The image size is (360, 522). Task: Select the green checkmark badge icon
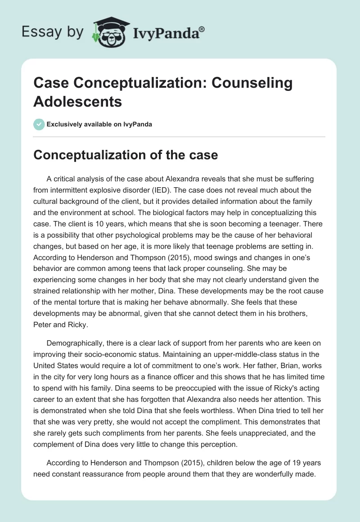[x=39, y=124]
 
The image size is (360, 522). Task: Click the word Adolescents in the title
[x=78, y=101]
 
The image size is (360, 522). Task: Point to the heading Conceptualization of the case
[x=126, y=155]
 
